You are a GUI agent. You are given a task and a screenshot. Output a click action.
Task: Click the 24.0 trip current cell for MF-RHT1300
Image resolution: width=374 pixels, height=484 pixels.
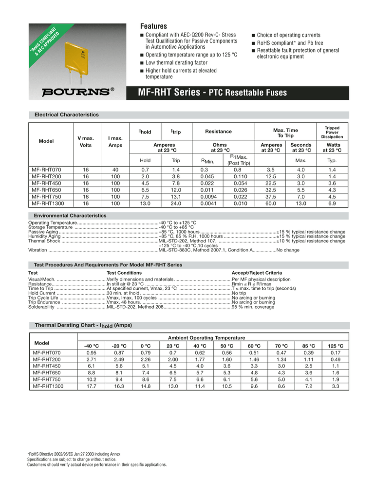(x=174, y=203)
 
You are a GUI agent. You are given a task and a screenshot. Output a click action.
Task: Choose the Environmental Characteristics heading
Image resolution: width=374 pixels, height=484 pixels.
(x=69, y=215)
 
